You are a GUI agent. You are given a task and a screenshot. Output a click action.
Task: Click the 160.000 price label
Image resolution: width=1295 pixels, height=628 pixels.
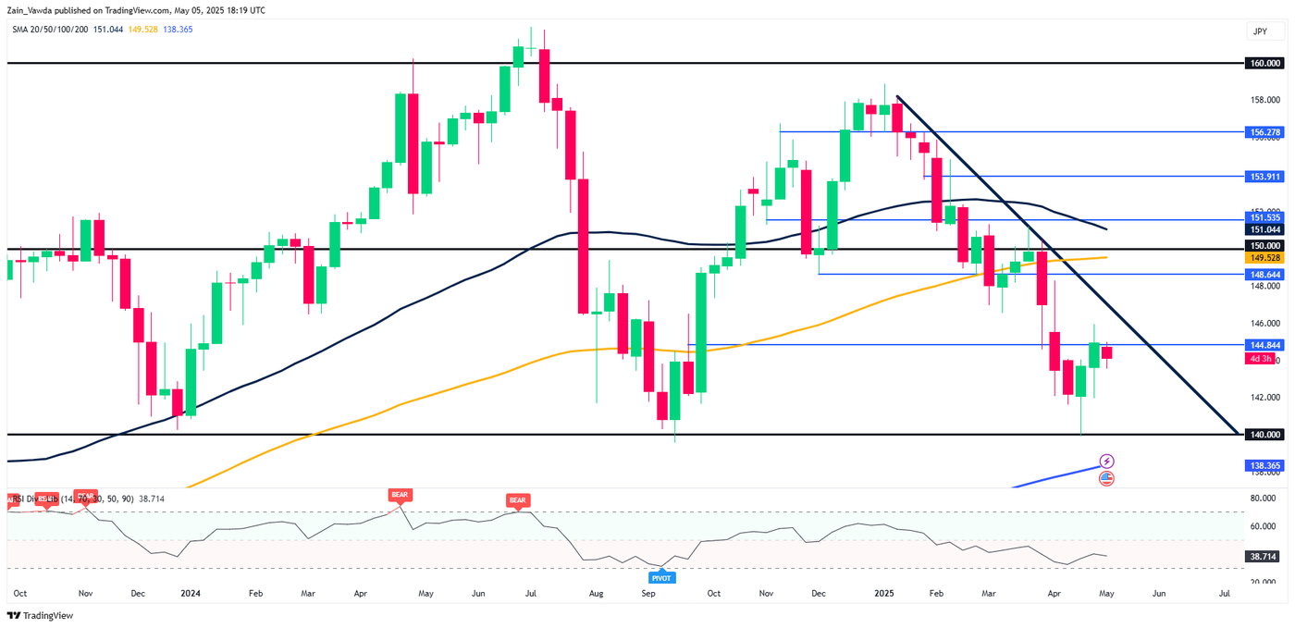pyautogui.click(x=1264, y=63)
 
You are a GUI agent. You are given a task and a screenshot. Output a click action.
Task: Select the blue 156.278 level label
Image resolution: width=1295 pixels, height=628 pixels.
pyautogui.click(x=1264, y=132)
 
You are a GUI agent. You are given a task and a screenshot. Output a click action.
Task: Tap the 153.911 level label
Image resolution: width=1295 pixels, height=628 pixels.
pyautogui.click(x=1264, y=176)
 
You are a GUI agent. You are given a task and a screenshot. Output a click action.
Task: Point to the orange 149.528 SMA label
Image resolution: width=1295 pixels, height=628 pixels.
pyautogui.click(x=1264, y=258)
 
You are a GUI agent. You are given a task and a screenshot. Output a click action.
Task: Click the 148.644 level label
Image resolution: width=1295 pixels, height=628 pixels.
pyautogui.click(x=1264, y=275)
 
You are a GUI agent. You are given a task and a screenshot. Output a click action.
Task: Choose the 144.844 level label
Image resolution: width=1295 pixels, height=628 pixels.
pyautogui.click(x=1264, y=344)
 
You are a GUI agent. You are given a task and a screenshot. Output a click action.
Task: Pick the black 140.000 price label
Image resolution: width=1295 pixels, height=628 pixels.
pyautogui.click(x=1264, y=435)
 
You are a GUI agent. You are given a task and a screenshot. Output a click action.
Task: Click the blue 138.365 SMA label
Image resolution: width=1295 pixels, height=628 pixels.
pyautogui.click(x=1264, y=466)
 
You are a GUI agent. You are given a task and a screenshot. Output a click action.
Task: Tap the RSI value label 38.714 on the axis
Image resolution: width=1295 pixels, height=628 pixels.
pyautogui.click(x=1264, y=556)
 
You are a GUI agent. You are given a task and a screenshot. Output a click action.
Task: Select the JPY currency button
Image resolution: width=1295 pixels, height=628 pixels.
pyautogui.click(x=1260, y=31)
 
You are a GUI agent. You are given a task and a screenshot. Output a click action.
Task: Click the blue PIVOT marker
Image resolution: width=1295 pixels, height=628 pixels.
pyautogui.click(x=662, y=578)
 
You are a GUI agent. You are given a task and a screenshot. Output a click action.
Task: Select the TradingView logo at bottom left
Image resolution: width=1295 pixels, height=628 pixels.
pyautogui.click(x=41, y=615)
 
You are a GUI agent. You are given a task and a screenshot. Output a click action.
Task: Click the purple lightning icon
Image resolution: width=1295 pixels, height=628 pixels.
pyautogui.click(x=1107, y=461)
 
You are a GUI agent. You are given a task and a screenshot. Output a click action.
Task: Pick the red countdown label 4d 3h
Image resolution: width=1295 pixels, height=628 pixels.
pyautogui.click(x=1260, y=358)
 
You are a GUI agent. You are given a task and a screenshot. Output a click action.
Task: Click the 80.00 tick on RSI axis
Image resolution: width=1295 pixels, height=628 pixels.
pyautogui.click(x=1264, y=499)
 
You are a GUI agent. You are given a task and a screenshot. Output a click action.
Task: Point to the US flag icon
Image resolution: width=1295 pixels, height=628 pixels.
pyautogui.click(x=1107, y=478)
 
